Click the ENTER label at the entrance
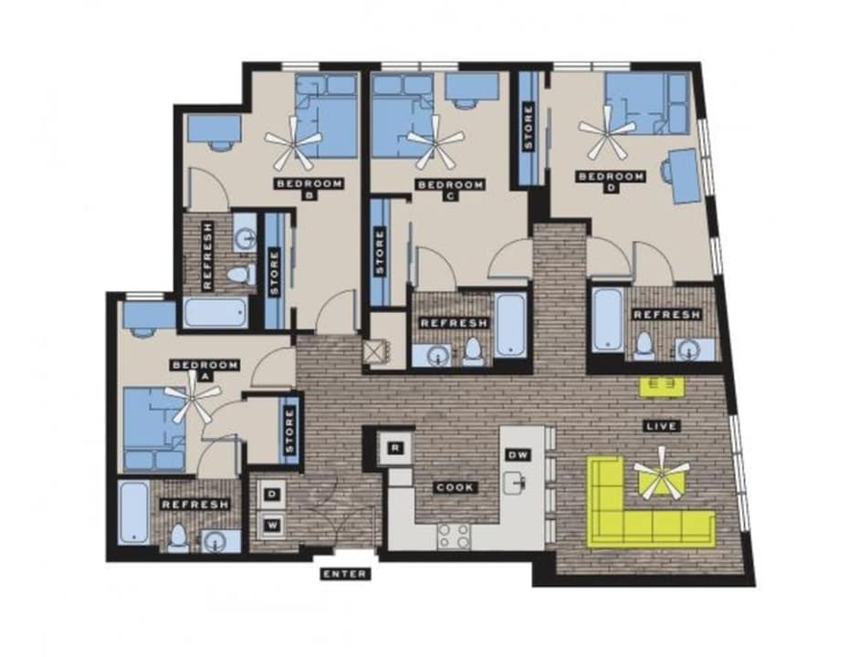(345, 574)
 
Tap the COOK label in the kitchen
(454, 487)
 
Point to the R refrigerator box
(395, 447)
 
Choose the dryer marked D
(272, 495)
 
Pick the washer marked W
(272, 524)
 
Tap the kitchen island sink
(518, 480)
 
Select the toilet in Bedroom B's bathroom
(238, 275)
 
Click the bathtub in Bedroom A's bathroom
(134, 514)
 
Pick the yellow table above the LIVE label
(662, 386)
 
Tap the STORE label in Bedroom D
(528, 129)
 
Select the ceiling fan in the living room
(662, 477)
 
